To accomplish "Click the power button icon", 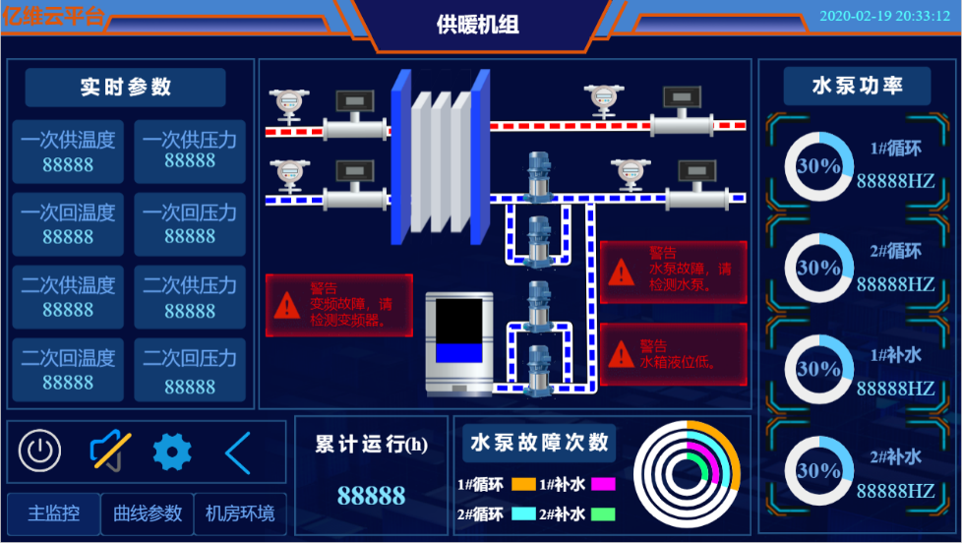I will tap(39, 452).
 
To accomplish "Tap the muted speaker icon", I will tap(109, 452).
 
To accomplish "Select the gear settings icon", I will tap(172, 452).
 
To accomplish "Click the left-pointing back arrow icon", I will tap(237, 452).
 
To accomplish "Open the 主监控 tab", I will tap(53, 513).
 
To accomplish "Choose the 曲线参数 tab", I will tap(148, 513).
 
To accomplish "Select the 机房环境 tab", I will tap(240, 513).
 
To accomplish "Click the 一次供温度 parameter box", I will tap(68, 151).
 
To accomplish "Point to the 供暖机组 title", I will tap(478, 25).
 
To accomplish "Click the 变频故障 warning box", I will tap(338, 304).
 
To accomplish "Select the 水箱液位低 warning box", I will tap(673, 354).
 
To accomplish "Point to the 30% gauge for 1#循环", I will tap(818, 166).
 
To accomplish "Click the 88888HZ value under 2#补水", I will tap(895, 490).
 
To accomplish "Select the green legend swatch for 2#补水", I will tap(603, 513).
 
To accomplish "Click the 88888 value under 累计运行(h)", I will tap(371, 495).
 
